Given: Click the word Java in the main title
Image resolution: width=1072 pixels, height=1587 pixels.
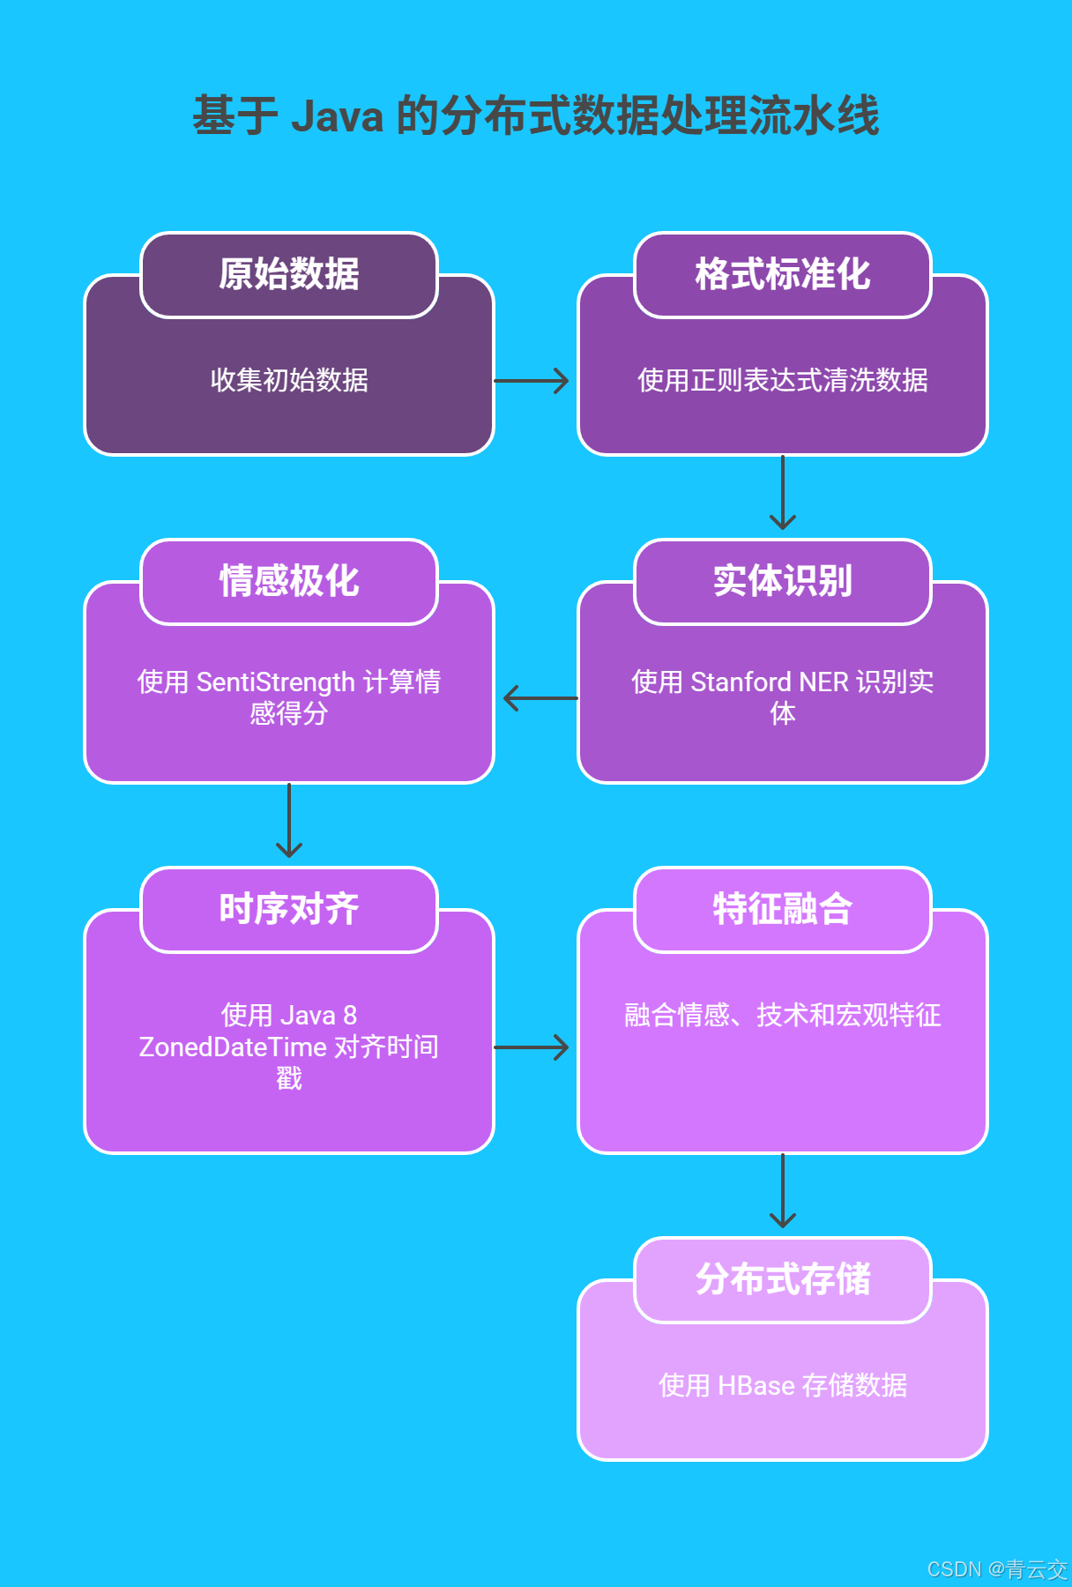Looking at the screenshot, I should tap(337, 116).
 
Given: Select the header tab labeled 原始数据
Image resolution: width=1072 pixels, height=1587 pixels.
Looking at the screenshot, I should tap(289, 274).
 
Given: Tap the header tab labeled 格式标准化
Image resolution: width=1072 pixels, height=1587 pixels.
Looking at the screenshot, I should tap(783, 274).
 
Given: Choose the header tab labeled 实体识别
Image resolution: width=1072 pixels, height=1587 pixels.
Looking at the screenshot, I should tap(783, 581).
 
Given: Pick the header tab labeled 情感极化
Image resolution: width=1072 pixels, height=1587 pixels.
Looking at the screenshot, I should tap(289, 581).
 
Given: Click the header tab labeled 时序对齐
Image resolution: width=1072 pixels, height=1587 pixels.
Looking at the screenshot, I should tap(289, 909).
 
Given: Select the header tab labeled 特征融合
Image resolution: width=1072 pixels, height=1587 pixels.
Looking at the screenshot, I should tap(783, 909).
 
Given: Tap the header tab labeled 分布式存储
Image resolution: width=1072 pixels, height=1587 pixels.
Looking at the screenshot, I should tap(783, 1279).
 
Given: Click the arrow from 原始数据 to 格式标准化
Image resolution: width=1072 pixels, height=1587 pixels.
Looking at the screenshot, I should tap(532, 381).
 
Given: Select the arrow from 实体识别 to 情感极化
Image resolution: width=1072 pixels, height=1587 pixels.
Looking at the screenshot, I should tap(540, 698).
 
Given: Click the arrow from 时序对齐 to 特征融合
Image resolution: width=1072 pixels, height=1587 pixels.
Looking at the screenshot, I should tap(532, 1047).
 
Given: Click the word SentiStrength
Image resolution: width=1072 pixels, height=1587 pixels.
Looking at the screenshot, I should tap(275, 682).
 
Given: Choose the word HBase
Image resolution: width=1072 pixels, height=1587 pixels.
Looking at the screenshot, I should tap(756, 1386).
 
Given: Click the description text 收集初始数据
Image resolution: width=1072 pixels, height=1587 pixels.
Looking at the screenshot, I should tap(289, 381).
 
